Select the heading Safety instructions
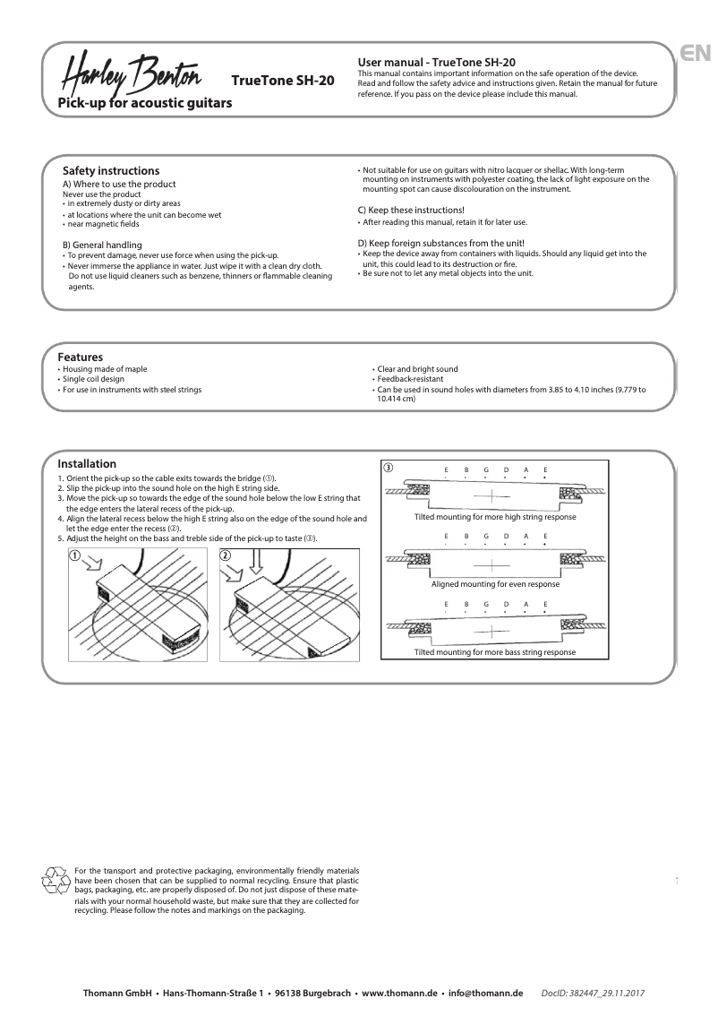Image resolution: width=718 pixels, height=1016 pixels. (x=111, y=170)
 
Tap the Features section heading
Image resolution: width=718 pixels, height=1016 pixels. (x=81, y=357)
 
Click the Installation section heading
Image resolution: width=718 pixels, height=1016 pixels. (x=87, y=464)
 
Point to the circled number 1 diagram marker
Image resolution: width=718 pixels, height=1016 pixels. (x=76, y=555)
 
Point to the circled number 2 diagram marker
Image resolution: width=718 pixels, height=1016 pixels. (x=226, y=555)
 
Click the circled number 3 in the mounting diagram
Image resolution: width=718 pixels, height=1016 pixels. (x=388, y=468)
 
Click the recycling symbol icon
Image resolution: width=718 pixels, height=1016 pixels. (x=56, y=881)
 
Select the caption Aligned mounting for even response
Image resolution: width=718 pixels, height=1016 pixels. (x=495, y=584)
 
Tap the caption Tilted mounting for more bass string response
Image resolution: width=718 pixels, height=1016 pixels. (x=495, y=652)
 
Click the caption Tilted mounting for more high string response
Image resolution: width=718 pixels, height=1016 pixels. (x=495, y=518)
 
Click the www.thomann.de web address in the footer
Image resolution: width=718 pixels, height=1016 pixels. (x=399, y=994)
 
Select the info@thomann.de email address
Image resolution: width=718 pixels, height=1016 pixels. (x=485, y=994)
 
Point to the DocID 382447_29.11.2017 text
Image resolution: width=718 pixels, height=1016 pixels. (x=594, y=994)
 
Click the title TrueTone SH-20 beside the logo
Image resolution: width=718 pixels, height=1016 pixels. (x=283, y=80)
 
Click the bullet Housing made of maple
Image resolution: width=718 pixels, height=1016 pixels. (x=104, y=369)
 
